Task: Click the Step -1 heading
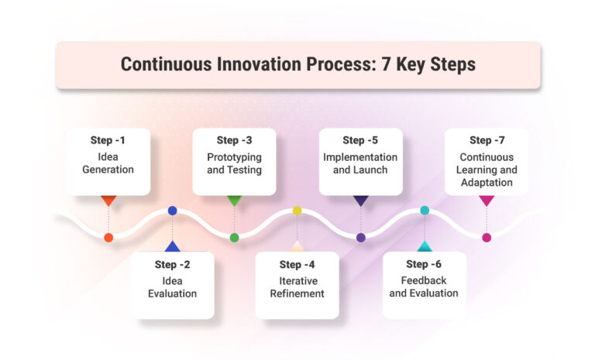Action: click(108, 140)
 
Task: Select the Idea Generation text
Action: click(108, 163)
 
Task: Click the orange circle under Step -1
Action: click(108, 238)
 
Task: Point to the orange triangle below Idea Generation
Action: click(108, 201)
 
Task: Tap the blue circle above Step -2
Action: click(172, 211)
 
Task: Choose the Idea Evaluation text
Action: click(172, 287)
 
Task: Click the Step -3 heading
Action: click(234, 140)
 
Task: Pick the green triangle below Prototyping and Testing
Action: click(234, 201)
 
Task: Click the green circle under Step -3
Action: click(234, 238)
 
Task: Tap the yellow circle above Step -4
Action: click(297, 211)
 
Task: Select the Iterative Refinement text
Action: click(297, 287)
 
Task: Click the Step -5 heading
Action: click(360, 140)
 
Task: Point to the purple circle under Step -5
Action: click(360, 238)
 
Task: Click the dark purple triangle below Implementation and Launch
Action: click(360, 201)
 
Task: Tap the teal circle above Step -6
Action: click(424, 211)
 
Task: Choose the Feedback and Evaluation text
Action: click(424, 287)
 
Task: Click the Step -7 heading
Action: click(487, 140)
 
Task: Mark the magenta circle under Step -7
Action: click(487, 238)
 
